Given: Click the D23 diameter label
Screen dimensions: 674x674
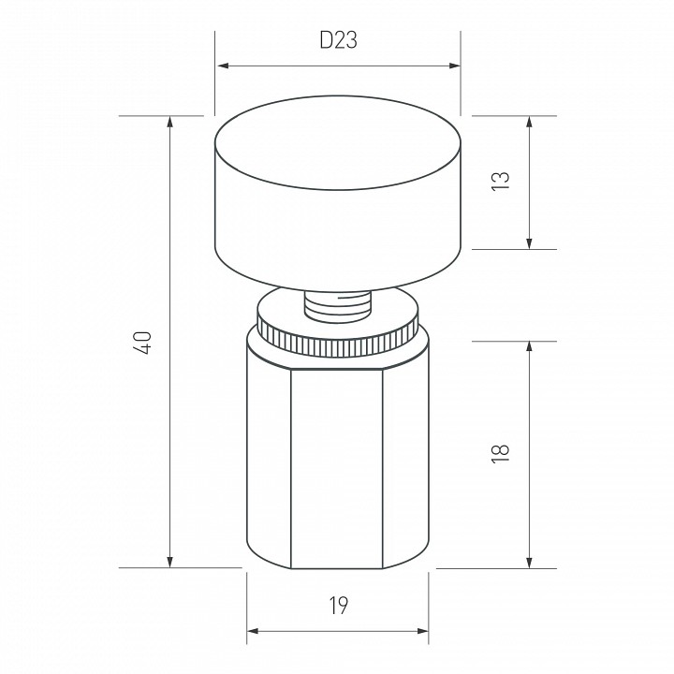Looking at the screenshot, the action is (x=338, y=40).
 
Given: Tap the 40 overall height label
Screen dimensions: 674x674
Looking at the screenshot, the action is (x=143, y=343).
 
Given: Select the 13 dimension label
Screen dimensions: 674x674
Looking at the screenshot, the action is (x=500, y=181).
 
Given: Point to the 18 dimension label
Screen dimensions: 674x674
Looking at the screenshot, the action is (x=500, y=453).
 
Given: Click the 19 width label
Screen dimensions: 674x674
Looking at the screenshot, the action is (x=339, y=606).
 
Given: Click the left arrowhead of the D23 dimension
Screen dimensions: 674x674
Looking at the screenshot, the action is (x=223, y=66).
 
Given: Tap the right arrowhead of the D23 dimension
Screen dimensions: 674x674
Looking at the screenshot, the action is (x=454, y=66).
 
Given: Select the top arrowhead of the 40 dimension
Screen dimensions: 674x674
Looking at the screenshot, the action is (x=170, y=122).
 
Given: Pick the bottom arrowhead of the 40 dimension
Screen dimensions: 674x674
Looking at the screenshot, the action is (x=170, y=562).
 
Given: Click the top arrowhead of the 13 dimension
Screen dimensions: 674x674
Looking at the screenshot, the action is (x=529, y=122).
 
